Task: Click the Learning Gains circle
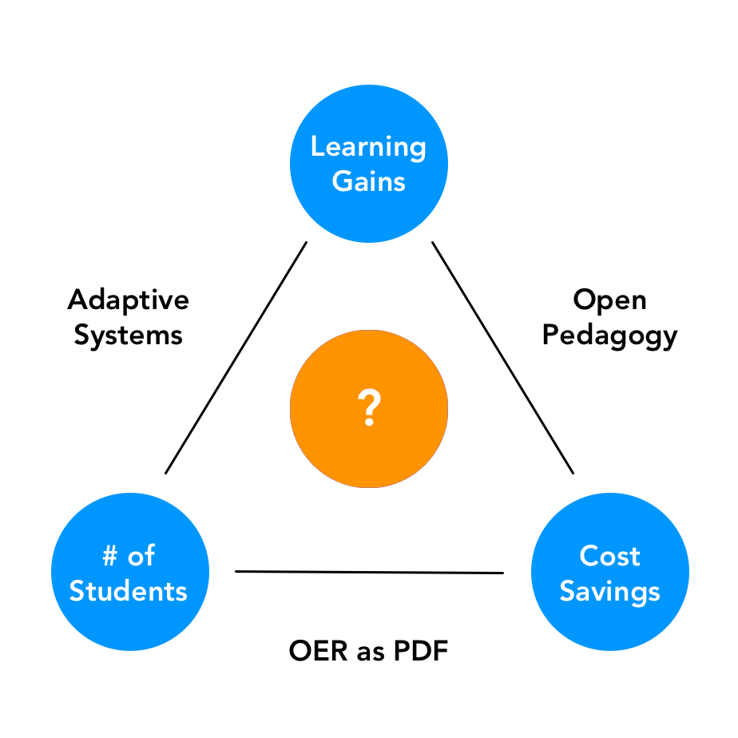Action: (x=368, y=164)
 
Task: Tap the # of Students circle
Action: (x=129, y=573)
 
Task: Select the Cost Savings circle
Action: (x=609, y=573)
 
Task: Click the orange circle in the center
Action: (x=368, y=408)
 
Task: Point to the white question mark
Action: (x=368, y=408)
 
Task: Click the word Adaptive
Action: (x=129, y=300)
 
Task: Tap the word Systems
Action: (x=129, y=335)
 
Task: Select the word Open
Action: (x=609, y=300)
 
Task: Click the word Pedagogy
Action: (x=609, y=335)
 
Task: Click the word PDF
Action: (x=422, y=652)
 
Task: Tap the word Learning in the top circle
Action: (x=368, y=147)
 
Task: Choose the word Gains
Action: (x=368, y=181)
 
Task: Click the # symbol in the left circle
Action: (x=109, y=556)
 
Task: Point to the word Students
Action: (x=129, y=591)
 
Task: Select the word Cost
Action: (x=609, y=556)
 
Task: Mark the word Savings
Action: (x=609, y=591)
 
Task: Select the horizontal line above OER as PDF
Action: (x=369, y=572)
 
